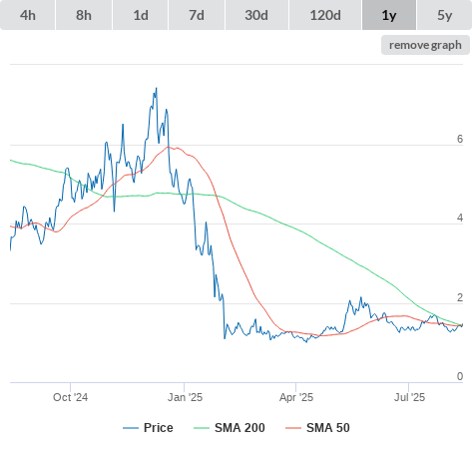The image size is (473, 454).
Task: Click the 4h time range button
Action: point(28,15)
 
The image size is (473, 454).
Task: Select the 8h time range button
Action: point(84,15)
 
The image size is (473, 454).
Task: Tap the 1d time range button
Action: point(141,15)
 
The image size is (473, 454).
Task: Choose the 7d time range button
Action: point(197,15)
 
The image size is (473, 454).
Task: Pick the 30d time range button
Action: point(256,15)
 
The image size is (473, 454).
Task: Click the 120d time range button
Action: point(325,15)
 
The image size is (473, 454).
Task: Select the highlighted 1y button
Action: point(389,15)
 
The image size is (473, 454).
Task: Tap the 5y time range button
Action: point(445,15)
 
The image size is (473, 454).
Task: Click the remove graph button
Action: point(425,45)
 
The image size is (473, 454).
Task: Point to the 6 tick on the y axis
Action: point(460,139)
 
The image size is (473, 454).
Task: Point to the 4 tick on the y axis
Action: point(460,218)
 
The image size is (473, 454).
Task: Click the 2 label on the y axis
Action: point(460,297)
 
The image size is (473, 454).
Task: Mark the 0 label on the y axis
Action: point(460,376)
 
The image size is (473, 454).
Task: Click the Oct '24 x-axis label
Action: point(70,397)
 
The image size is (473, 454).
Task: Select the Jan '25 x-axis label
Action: point(185,397)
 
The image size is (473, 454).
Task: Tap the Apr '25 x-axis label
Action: point(296,397)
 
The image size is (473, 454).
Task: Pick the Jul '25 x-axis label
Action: point(409,397)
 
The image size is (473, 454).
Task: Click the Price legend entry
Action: point(148,428)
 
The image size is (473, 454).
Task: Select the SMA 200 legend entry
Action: point(230,428)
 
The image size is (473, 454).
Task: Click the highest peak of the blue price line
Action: point(157,88)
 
